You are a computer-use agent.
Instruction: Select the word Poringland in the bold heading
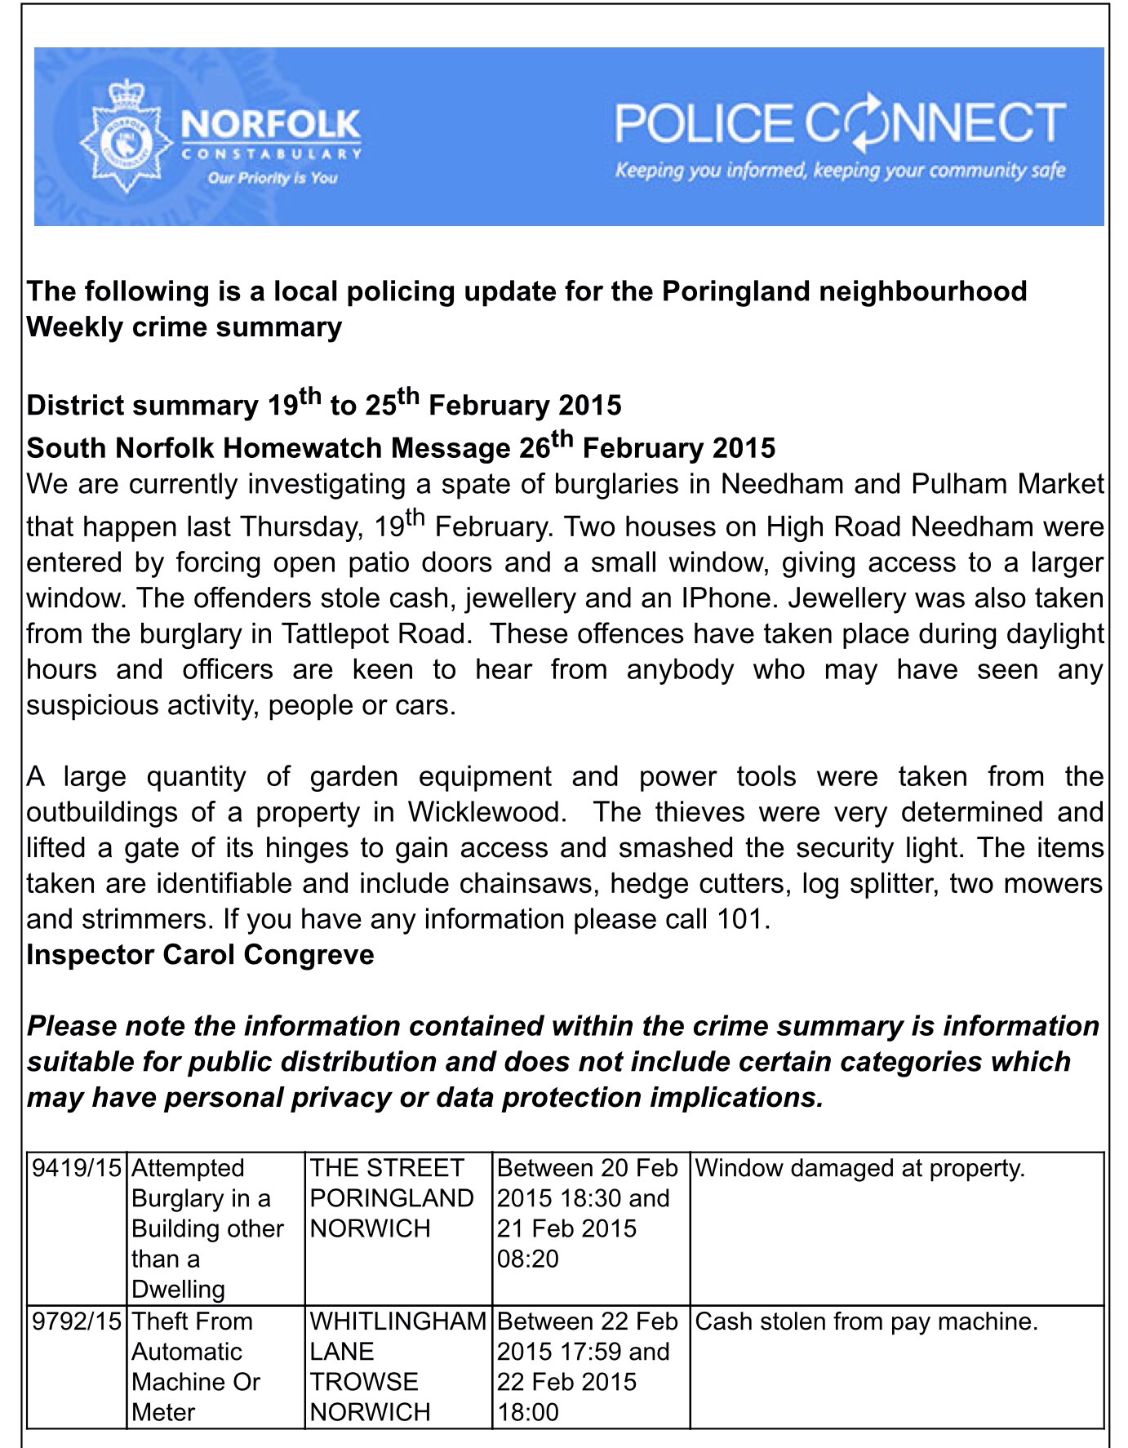[x=737, y=291]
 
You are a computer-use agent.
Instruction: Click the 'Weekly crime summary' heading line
[x=184, y=327]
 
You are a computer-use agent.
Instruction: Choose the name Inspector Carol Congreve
[x=201, y=955]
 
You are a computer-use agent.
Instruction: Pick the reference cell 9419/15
[x=77, y=1169]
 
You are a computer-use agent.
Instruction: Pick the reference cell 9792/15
[x=77, y=1321]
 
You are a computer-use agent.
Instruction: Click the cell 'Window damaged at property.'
[x=859, y=1169]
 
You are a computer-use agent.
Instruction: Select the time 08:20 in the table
[x=528, y=1259]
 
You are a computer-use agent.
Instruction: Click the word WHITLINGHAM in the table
[x=398, y=1321]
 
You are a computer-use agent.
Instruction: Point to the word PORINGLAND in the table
[x=392, y=1198]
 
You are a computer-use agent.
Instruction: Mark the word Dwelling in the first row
[x=178, y=1290]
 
